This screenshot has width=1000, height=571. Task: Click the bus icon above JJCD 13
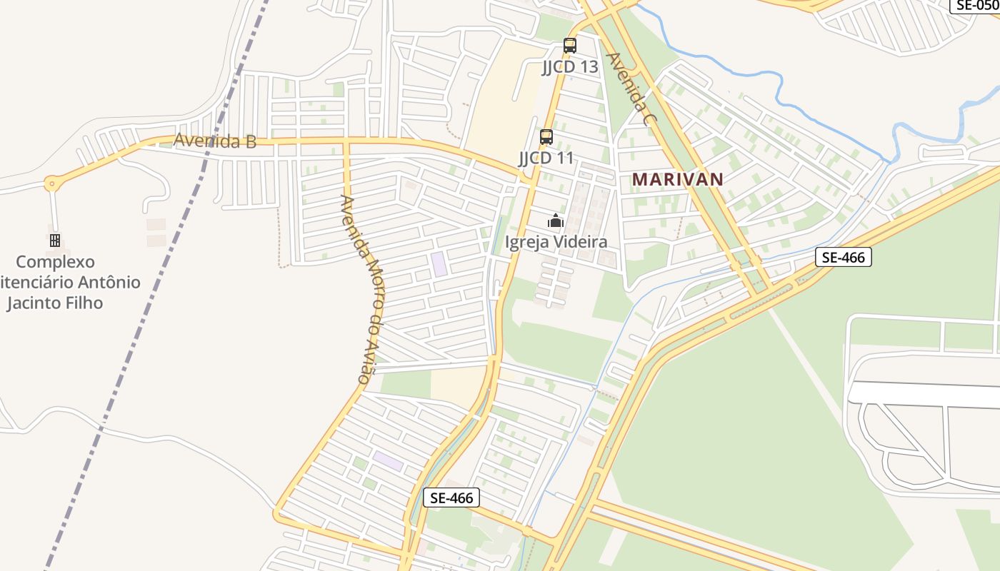pos(569,46)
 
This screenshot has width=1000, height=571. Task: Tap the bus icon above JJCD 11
pos(546,137)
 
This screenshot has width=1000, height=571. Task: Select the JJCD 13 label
pos(569,67)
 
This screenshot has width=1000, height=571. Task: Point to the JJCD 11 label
pos(546,158)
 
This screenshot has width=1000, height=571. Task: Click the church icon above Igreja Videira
pos(556,221)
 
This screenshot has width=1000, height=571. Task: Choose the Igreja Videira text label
pos(556,242)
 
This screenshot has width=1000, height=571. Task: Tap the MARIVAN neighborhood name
pos(678,179)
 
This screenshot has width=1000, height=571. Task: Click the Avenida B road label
pos(215,141)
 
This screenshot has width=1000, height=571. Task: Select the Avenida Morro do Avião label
pos(365,289)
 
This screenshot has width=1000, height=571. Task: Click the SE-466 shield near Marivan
pos(844,257)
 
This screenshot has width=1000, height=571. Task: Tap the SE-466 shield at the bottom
pos(451,497)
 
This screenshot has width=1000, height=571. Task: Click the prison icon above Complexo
pos(55,241)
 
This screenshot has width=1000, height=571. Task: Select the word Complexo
pos(55,262)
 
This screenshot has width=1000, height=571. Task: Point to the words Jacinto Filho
pos(55,303)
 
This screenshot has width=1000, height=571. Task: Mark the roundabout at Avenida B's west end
pos(51,183)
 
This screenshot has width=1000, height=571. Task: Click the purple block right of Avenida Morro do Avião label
pos(439,264)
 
